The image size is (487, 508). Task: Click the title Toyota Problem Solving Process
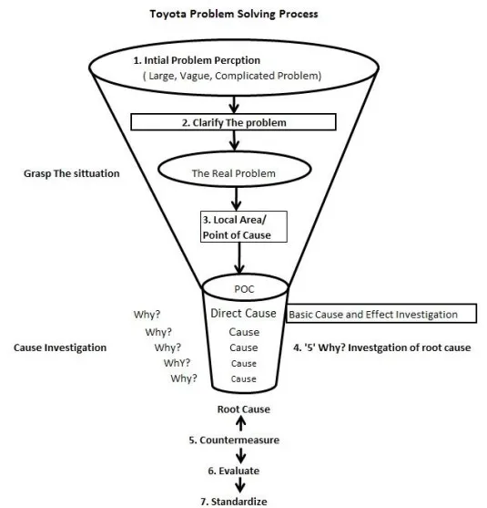(x=240, y=15)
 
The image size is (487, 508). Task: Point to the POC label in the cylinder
(x=242, y=291)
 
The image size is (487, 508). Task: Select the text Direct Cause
(x=243, y=314)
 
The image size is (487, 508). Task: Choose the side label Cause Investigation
(x=61, y=347)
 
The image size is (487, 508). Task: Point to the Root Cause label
(x=243, y=410)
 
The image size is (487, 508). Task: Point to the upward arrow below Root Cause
(x=242, y=424)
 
